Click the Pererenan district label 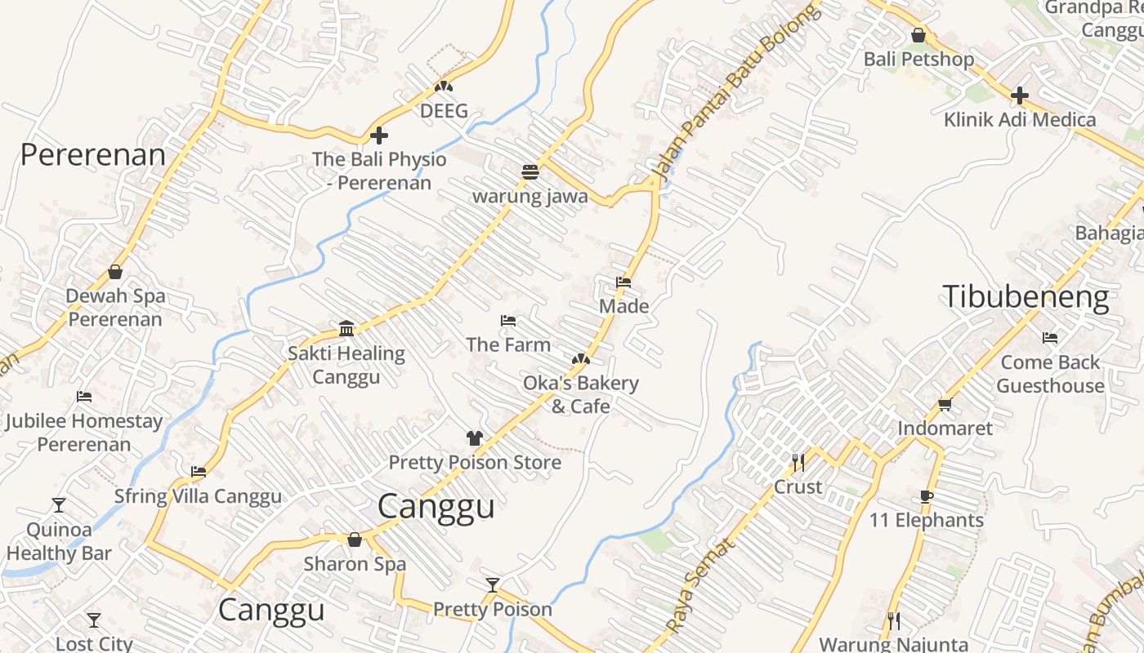tap(92, 154)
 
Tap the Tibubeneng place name tap(1026, 296)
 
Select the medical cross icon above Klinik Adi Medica tap(1019, 96)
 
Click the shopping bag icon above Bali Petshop tap(918, 36)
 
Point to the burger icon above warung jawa tap(530, 172)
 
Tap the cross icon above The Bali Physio tap(378, 135)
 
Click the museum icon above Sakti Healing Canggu tap(346, 329)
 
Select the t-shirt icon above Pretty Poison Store tap(474, 438)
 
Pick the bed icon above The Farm tap(507, 321)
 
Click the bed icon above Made tap(623, 282)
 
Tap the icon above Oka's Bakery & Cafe tap(580, 358)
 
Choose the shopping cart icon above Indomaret tap(945, 404)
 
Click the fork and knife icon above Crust tap(798, 463)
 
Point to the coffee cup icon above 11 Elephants tap(926, 496)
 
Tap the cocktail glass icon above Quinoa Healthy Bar tap(59, 505)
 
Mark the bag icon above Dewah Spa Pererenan tap(115, 272)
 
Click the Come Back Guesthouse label tap(1050, 374)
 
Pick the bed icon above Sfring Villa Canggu tap(198, 472)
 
